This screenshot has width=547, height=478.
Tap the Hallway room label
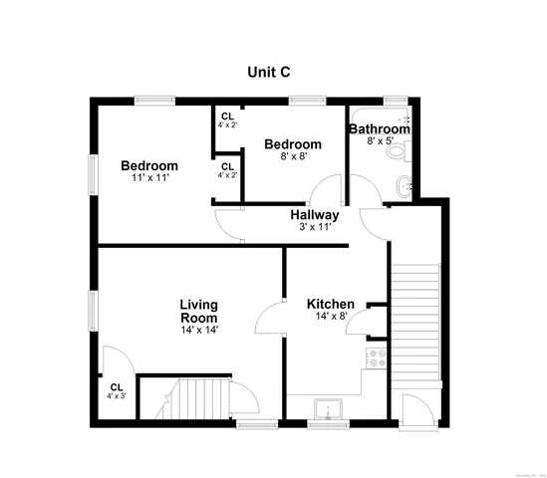click(x=315, y=215)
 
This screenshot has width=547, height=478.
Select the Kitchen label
click(x=330, y=304)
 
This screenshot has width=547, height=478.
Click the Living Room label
click(x=198, y=311)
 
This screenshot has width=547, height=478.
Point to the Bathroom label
click(x=379, y=129)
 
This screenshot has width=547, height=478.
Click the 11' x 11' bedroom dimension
click(x=149, y=178)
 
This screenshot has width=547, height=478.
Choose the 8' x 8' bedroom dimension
click(x=292, y=156)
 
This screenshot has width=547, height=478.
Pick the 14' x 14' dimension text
click(x=199, y=330)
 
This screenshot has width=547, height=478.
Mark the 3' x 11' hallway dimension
click(x=315, y=227)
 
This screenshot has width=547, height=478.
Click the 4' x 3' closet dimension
click(x=116, y=395)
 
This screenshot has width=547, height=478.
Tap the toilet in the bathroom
click(x=398, y=151)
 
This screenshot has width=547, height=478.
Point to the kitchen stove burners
click(x=378, y=358)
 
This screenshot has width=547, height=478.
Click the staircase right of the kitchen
click(x=413, y=319)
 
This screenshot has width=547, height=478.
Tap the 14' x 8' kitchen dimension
click(x=330, y=316)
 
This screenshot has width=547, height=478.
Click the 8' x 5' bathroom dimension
click(x=379, y=141)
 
